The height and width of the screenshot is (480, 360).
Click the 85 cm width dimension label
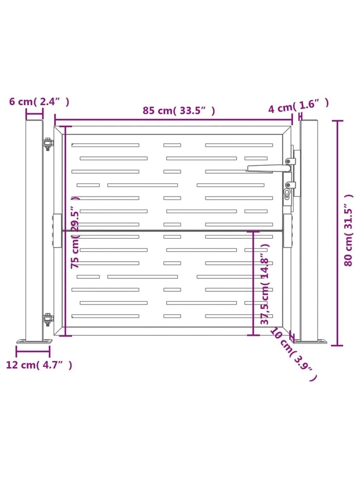pyautogui.click(x=179, y=111)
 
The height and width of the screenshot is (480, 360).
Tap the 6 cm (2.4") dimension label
pyautogui.click(x=39, y=102)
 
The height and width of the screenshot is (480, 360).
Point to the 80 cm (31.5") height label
pyautogui.click(x=348, y=230)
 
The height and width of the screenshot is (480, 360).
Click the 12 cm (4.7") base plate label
pyautogui.click(x=39, y=365)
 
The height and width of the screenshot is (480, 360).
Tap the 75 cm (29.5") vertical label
pyautogui.click(x=75, y=232)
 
